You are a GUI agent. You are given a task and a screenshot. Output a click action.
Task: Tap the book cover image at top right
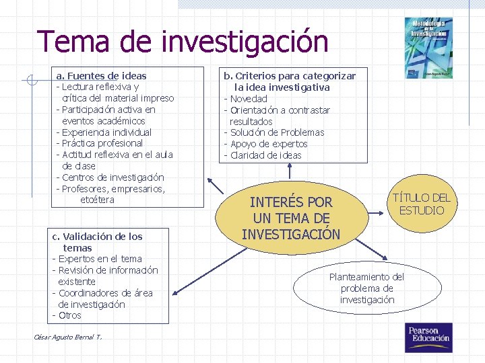coord(429,47)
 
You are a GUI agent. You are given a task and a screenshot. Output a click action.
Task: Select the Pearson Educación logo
coord(427,337)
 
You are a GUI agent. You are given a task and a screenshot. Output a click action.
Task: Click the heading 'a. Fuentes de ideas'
coord(101,76)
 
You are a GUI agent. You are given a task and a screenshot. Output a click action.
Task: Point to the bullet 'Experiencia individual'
coord(106,132)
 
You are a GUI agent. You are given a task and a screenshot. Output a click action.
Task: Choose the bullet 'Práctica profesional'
coord(102,143)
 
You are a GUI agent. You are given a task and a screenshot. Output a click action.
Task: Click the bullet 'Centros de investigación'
coord(112,177)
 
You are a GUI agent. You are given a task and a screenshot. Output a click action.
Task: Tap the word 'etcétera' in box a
coord(98,200)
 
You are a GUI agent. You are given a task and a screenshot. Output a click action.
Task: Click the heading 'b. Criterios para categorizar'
coord(290,76)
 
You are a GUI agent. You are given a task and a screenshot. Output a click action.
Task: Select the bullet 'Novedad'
coord(248,99)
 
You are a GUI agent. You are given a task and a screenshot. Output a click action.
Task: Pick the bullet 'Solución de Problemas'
coord(276,132)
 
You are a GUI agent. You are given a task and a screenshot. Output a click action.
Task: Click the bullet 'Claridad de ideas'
coord(265,155)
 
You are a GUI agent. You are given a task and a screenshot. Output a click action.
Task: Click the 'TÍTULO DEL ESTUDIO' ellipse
coord(421,204)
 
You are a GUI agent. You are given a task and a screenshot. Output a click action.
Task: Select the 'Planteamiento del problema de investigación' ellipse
coord(367,288)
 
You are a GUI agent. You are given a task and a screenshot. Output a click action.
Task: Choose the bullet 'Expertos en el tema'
coord(99,259)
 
